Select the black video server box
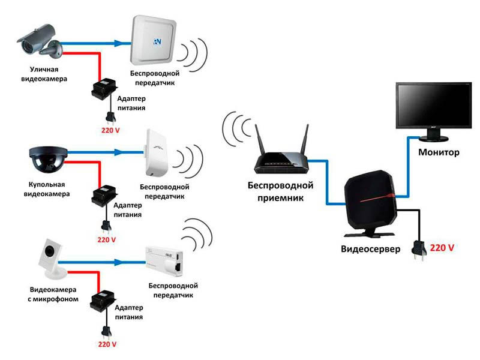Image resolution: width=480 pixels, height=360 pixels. (x=368, y=201)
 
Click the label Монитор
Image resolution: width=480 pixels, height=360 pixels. (x=439, y=152)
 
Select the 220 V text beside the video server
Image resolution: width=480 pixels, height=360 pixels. (x=441, y=247)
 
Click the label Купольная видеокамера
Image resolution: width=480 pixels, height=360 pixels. (x=46, y=190)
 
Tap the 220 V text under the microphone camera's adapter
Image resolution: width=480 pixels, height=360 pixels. (x=106, y=345)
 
